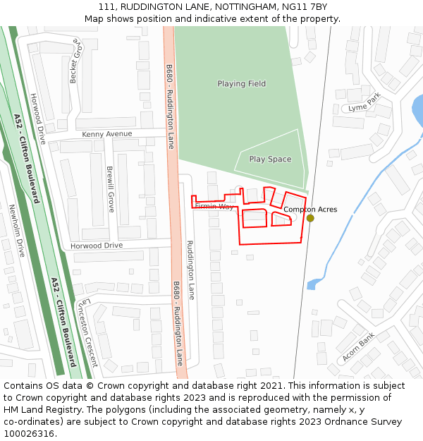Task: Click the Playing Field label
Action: pos(241,84)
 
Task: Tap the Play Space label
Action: pos(270,159)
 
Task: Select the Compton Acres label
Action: pos(310,210)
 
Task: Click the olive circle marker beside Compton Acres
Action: pos(310,218)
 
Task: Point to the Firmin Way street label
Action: pos(214,207)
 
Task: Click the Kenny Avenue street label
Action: pos(106,134)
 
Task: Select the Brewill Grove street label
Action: pos(110,189)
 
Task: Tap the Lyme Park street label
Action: pos(364,102)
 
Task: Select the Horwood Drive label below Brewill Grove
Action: pos(96,246)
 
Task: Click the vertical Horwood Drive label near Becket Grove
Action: pos(37,119)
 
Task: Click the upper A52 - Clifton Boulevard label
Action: pos(27,158)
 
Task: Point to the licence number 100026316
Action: pos(28,433)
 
